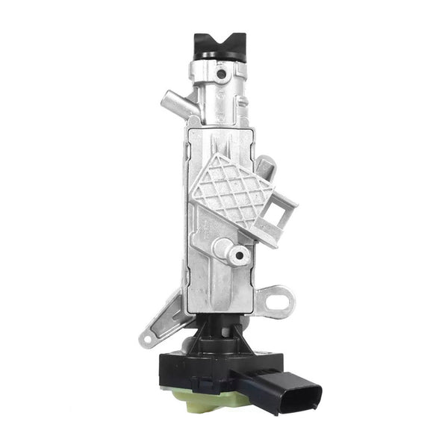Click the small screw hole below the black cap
(x=220, y=75)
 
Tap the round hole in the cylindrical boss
(x=239, y=256)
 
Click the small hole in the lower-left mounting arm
(x=148, y=341)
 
